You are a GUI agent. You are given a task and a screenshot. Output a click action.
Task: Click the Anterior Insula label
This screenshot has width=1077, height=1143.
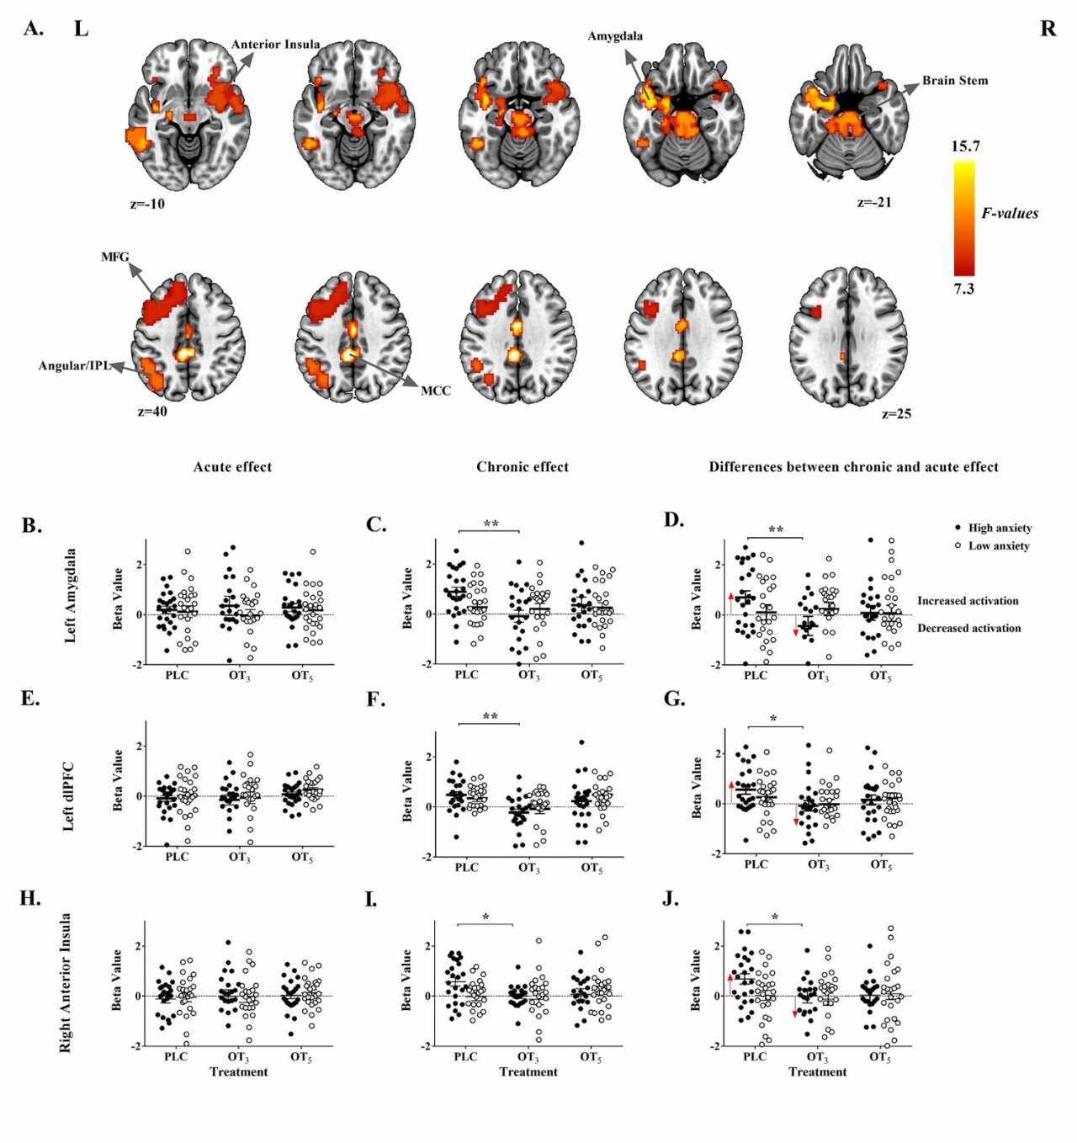click(275, 45)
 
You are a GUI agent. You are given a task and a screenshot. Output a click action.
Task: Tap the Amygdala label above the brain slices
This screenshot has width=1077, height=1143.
click(615, 36)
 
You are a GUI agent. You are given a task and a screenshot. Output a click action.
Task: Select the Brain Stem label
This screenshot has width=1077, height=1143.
click(955, 81)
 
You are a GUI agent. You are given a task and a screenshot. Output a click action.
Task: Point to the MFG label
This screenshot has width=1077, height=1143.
click(115, 257)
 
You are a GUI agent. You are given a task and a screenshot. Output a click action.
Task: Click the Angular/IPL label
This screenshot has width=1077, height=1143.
click(74, 366)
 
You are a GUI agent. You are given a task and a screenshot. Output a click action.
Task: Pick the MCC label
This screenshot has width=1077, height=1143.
click(436, 391)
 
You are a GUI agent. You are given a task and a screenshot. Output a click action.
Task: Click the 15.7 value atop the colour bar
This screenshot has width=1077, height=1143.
click(965, 146)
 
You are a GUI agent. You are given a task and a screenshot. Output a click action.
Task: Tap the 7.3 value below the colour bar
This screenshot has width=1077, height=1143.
click(963, 289)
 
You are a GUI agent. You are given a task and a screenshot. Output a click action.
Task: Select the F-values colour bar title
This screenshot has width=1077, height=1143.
click(1010, 214)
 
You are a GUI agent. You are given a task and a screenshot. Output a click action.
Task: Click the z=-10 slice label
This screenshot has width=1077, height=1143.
click(147, 204)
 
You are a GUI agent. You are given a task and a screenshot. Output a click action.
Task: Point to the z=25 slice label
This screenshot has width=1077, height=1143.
click(896, 414)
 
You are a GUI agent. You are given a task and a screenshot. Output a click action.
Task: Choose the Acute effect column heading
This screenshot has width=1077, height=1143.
click(232, 467)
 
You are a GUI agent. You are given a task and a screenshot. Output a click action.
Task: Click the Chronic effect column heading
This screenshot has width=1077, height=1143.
click(523, 467)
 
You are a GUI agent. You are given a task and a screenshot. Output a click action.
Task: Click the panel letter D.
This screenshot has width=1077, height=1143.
click(674, 520)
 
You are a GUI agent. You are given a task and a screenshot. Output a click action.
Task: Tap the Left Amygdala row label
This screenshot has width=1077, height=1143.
click(70, 596)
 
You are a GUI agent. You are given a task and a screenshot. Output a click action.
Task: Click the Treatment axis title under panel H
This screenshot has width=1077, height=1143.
click(239, 1072)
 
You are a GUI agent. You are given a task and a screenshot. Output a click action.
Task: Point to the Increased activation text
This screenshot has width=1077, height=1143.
click(968, 601)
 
